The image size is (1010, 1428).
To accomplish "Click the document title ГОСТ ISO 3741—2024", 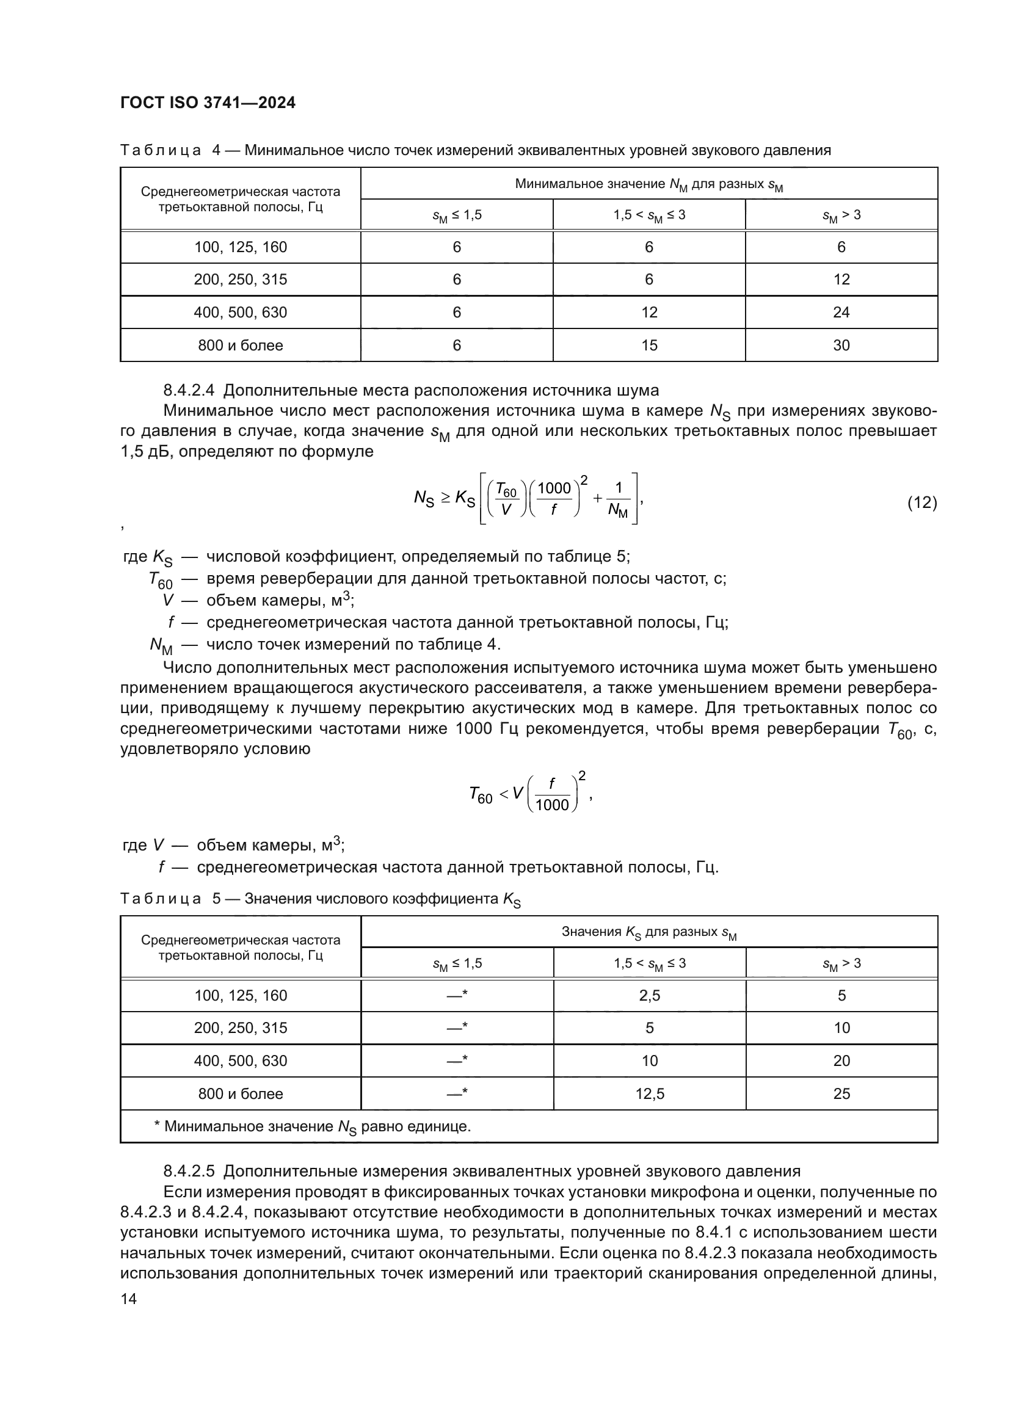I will tap(208, 103).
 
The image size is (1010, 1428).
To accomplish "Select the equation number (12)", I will tap(921, 502).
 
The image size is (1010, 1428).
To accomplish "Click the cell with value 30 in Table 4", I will tap(841, 345).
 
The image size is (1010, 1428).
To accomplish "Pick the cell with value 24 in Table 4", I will tap(841, 312).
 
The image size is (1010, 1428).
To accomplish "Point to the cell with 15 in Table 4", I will tap(649, 345).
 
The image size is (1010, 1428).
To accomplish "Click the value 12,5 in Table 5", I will tap(649, 1093).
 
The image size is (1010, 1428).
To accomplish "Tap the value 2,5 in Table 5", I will tap(649, 995).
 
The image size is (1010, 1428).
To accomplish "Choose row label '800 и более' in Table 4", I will tap(240, 345).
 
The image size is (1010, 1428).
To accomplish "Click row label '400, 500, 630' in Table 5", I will tap(240, 1060).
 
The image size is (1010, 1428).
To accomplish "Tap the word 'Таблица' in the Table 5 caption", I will tap(161, 899).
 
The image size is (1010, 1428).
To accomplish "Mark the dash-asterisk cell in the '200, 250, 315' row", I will tap(457, 1028).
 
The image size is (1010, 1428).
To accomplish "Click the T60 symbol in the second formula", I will tap(481, 794).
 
